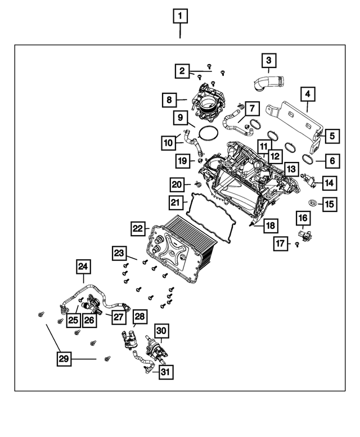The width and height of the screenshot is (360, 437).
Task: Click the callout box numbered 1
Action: pyautogui.click(x=180, y=16)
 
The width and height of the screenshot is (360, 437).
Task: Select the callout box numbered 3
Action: pyautogui.click(x=268, y=60)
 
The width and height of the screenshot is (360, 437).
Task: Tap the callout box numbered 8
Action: pyautogui.click(x=168, y=101)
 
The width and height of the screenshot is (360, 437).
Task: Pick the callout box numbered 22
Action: pyautogui.click(x=137, y=229)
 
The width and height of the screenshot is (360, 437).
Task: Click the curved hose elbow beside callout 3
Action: pyautogui.click(x=264, y=84)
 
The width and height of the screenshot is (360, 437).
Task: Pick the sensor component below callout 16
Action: pyautogui.click(x=305, y=233)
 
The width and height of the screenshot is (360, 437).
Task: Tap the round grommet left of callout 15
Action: pyautogui.click(x=313, y=202)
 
